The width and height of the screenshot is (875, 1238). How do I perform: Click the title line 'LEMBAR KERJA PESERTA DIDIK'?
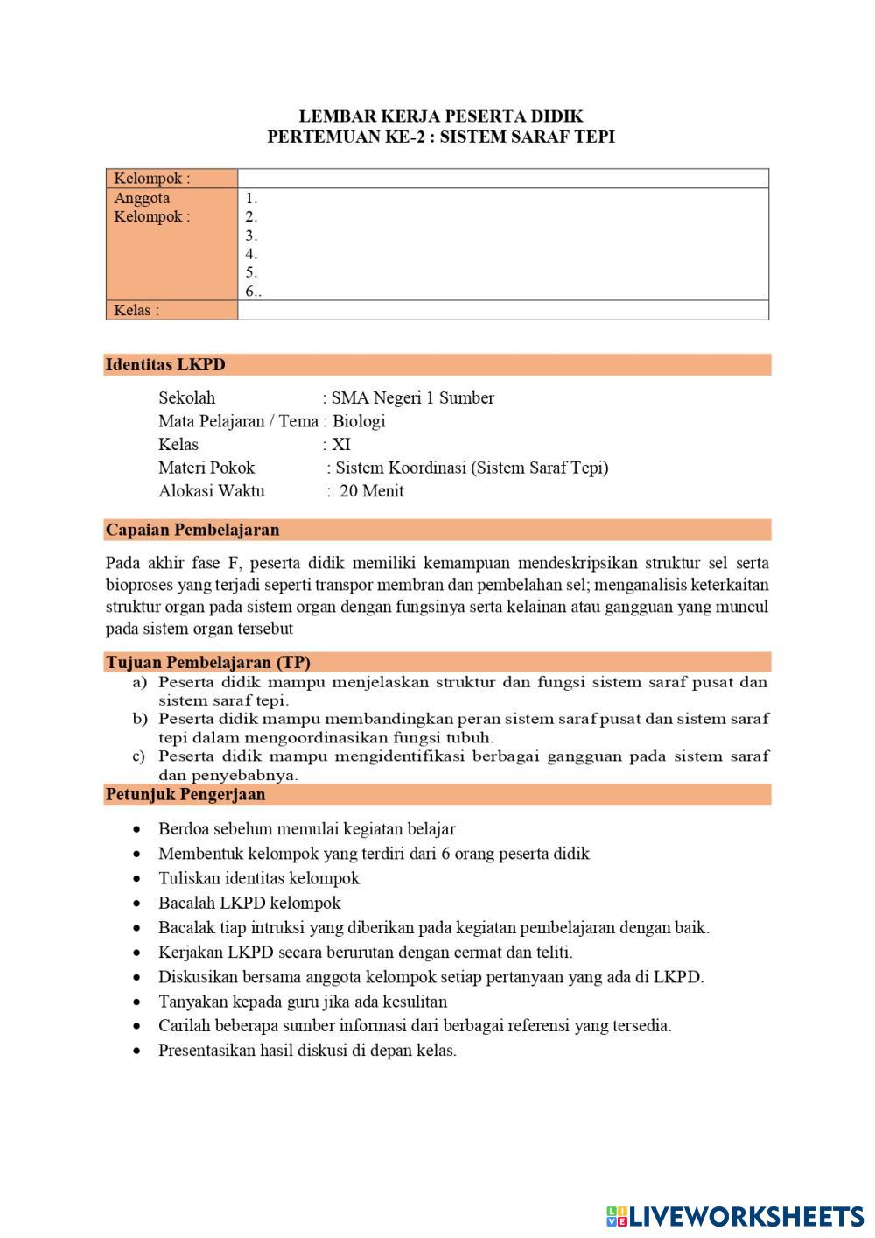click(x=441, y=116)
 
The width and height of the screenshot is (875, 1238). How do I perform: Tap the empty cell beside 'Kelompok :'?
click(x=503, y=179)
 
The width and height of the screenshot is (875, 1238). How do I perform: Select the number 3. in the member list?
click(x=251, y=236)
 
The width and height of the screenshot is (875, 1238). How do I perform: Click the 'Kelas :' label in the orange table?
click(x=136, y=310)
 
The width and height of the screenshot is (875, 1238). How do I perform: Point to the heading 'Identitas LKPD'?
click(x=165, y=365)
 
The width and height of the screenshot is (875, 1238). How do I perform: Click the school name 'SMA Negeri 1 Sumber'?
click(x=412, y=398)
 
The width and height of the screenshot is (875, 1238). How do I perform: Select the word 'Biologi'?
click(x=359, y=421)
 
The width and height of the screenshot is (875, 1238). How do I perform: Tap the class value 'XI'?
click(x=341, y=444)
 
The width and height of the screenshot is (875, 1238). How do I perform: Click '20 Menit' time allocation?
click(x=371, y=491)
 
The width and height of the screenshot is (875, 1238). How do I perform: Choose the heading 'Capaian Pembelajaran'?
click(x=192, y=530)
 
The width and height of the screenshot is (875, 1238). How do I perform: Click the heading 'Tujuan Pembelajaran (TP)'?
click(x=208, y=662)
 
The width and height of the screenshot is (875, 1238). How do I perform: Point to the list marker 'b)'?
click(x=140, y=719)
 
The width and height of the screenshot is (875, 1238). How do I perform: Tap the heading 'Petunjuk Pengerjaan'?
click(x=185, y=795)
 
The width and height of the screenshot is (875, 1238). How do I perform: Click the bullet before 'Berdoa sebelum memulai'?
click(x=136, y=829)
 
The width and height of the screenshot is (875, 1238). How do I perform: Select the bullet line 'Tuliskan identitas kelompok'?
click(x=259, y=878)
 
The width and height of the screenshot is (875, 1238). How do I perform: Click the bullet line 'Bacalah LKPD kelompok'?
click(x=249, y=903)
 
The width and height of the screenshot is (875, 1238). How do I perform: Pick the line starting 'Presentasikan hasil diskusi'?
click(x=307, y=1051)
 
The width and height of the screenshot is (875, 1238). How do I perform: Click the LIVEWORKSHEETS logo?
click(x=735, y=1215)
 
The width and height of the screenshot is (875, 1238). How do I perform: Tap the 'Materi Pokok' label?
click(x=206, y=468)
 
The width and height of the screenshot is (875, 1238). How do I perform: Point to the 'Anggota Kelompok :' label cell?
click(x=152, y=208)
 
